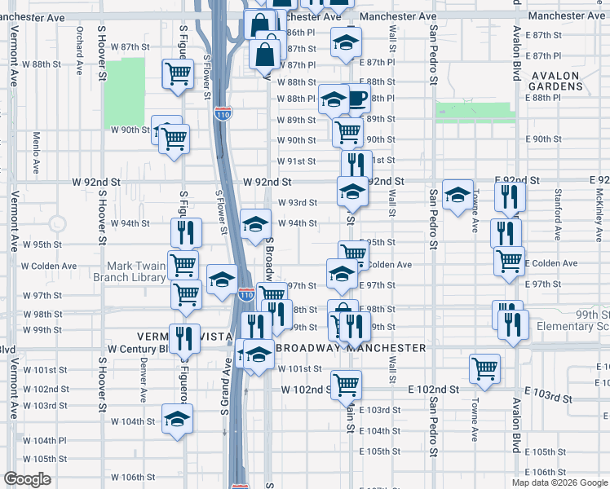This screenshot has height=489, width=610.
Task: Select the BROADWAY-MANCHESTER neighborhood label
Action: pos(351,348)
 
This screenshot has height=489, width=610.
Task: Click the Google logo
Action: pos(27,479)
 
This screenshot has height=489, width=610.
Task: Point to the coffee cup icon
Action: pos(356,99)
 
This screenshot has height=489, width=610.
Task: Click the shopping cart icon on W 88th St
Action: pos(177,74)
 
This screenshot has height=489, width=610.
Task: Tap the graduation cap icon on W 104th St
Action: pos(176,419)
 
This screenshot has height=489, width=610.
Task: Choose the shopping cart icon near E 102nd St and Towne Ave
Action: pos(484,368)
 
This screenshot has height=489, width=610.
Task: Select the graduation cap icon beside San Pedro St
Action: pos(457,194)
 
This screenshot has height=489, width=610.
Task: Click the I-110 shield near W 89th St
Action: pos(223,114)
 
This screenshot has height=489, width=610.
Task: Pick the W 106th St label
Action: pos(133,477)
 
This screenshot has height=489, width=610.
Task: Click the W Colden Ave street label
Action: pos(48,266)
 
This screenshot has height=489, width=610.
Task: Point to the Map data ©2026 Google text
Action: pos(559,482)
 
